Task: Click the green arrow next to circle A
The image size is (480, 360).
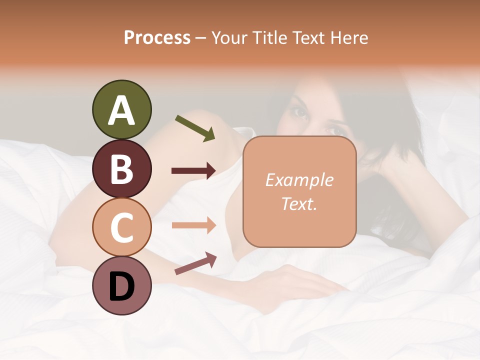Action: point(195,128)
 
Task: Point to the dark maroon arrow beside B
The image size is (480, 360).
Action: point(193,171)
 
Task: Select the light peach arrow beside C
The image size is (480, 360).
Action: point(193,225)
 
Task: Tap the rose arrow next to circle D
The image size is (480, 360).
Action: point(195,263)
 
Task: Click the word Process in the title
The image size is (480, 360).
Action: point(157,37)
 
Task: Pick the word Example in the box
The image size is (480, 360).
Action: point(299,180)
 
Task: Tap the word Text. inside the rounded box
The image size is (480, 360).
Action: point(299,204)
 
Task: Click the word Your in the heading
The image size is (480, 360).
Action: point(229,37)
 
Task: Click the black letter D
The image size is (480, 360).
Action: point(122,287)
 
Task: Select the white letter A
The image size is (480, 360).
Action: point(122,110)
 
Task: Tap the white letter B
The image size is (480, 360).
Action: point(122,169)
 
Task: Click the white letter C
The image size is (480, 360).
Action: point(122,227)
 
